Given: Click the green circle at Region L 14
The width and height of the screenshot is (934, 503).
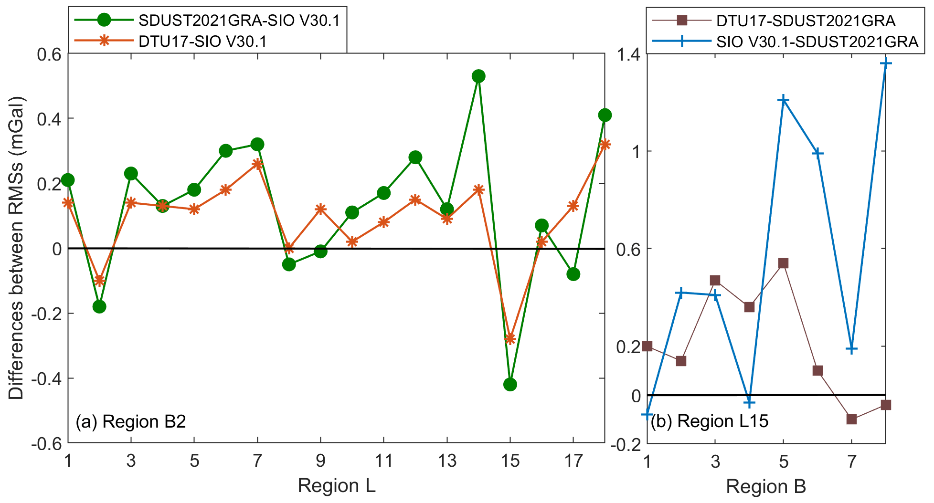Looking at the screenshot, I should pyautogui.click(x=478, y=76).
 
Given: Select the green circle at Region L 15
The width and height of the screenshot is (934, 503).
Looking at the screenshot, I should pyautogui.click(x=510, y=385).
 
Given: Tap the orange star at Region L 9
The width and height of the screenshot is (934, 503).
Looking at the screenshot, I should pyautogui.click(x=320, y=209).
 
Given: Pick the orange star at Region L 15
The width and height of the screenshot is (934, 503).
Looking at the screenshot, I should pyautogui.click(x=510, y=339).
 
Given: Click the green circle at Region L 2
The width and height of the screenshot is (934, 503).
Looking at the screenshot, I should pyautogui.click(x=99, y=307).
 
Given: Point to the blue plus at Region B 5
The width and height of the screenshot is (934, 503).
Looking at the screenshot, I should pyautogui.click(x=783, y=100).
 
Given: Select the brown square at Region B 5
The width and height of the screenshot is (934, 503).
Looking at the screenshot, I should pyautogui.click(x=783, y=263).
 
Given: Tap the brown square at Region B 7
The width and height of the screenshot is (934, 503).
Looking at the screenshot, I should pyautogui.click(x=851, y=419).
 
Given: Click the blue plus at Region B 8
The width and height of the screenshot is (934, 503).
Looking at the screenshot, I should pyautogui.click(x=885, y=63).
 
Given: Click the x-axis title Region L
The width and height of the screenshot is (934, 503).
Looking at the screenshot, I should pyautogui.click(x=337, y=486).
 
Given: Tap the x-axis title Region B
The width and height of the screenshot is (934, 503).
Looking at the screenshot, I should pyautogui.click(x=766, y=487).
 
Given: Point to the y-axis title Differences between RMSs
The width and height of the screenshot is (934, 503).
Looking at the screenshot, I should pyautogui.click(x=16, y=248).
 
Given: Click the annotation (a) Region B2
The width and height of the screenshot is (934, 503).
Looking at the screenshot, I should pyautogui.click(x=130, y=422).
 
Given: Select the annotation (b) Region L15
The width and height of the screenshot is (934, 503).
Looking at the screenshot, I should pyautogui.click(x=710, y=421).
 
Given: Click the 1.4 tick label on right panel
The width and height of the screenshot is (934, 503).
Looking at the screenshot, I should pyautogui.click(x=629, y=55).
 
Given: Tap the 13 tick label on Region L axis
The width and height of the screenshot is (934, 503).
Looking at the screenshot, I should pyautogui.click(x=447, y=461).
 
